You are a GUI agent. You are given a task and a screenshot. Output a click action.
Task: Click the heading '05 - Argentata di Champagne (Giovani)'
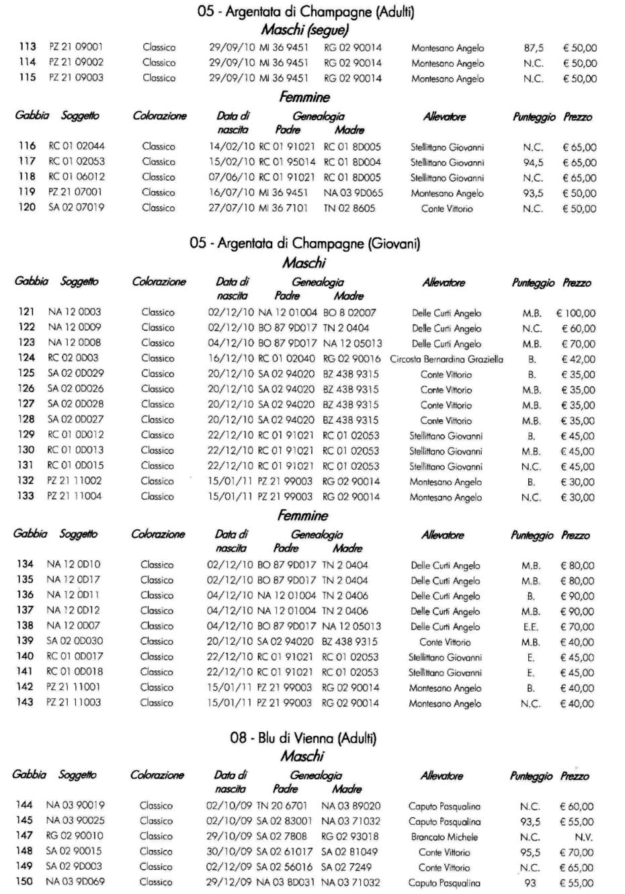(x=304, y=243)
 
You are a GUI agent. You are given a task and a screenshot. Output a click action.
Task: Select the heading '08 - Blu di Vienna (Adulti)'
(x=303, y=738)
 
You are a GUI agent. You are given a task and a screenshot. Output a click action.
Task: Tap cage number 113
(x=28, y=48)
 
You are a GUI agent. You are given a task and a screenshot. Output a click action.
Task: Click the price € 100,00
(x=575, y=313)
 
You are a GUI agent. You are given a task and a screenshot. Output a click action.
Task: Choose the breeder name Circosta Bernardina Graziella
(x=446, y=359)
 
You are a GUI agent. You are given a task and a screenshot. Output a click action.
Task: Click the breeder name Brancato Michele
(x=444, y=837)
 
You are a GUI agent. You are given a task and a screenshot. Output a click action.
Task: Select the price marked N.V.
(x=583, y=837)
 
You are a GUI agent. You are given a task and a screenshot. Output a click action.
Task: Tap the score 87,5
(x=534, y=48)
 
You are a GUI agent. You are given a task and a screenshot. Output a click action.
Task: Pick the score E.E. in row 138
(x=531, y=627)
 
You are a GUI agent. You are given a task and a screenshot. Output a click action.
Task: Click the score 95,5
(x=530, y=852)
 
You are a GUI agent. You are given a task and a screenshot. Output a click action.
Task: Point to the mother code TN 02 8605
(x=349, y=208)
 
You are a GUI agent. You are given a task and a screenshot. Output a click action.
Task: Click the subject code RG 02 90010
(x=75, y=836)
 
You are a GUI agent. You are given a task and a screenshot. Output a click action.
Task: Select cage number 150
(x=24, y=882)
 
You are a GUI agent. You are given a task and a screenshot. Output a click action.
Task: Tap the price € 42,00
(x=578, y=359)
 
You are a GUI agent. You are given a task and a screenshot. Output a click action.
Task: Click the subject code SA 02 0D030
(x=75, y=641)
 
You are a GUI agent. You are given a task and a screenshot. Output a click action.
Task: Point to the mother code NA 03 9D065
(x=353, y=193)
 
